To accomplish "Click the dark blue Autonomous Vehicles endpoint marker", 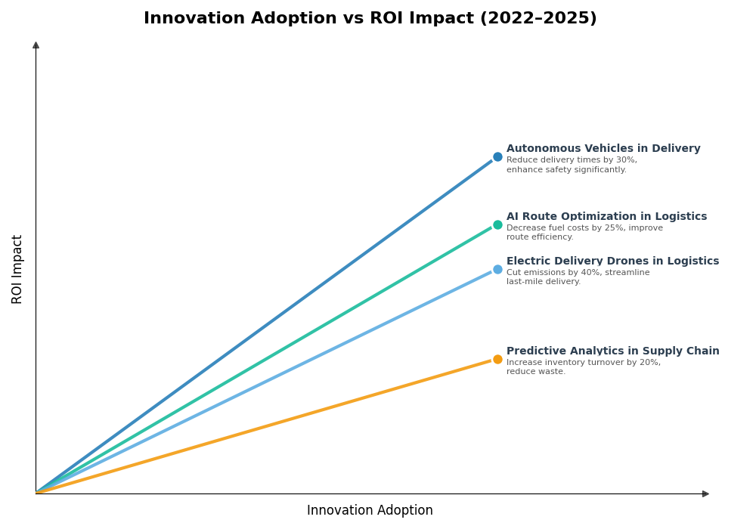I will pyautogui.click(x=497, y=157).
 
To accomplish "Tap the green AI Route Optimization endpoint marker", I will pyautogui.click(x=497, y=224).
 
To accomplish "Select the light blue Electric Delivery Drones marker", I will pyautogui.click(x=497, y=269).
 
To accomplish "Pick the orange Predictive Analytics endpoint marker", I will pyautogui.click(x=497, y=359).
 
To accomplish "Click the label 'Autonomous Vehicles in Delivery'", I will pyautogui.click(x=603, y=149).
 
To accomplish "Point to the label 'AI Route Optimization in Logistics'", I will pyautogui.click(x=606, y=217).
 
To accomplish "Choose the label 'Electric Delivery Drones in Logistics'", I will pyautogui.click(x=612, y=261).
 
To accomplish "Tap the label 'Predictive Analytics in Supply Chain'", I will pyautogui.click(x=612, y=351).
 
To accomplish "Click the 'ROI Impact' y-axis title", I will pyautogui.click(x=17, y=269).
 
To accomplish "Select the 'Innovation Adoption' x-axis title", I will pyautogui.click(x=370, y=511).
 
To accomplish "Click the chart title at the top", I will pyautogui.click(x=370, y=19).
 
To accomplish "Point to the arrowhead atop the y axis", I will pyautogui.click(x=36, y=45).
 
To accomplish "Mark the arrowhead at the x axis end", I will pyautogui.click(x=705, y=493).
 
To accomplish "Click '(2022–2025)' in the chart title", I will pyautogui.click(x=538, y=19).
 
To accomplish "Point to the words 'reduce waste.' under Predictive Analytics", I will pyautogui.click(x=535, y=372).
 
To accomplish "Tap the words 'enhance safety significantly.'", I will pyautogui.click(x=566, y=170).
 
